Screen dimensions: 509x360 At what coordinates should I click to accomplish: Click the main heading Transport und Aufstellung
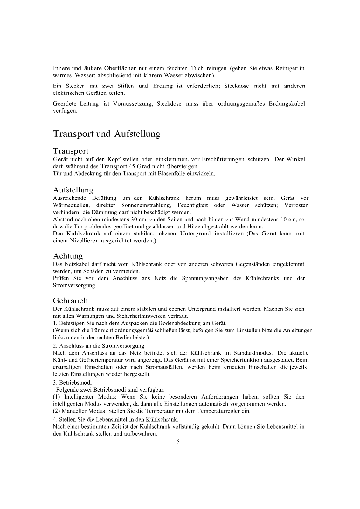(107, 134)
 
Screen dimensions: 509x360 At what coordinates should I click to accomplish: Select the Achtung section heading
(68, 256)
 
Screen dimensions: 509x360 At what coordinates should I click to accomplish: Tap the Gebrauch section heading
(70, 301)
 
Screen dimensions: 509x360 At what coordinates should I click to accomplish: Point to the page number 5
(178, 442)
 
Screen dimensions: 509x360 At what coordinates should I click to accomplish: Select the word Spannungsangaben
(205, 278)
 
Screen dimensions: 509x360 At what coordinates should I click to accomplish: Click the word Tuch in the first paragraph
(197, 68)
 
